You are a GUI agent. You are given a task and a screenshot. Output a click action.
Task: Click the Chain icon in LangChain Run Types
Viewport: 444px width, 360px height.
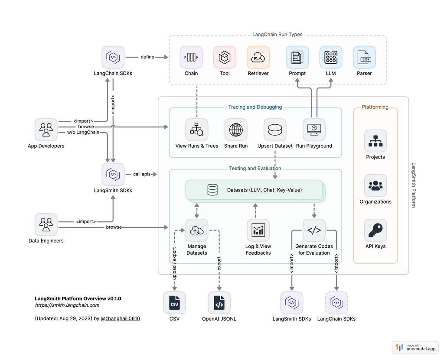191,57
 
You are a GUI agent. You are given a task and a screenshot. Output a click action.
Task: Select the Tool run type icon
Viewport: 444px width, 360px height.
225,57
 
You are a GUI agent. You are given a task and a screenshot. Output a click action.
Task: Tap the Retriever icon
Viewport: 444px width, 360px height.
258,57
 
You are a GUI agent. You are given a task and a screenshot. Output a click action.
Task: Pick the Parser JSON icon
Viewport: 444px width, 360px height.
364,57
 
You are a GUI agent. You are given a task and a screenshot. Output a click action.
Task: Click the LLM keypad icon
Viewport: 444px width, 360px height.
331,57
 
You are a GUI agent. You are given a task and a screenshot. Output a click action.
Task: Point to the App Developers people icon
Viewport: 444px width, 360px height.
46,130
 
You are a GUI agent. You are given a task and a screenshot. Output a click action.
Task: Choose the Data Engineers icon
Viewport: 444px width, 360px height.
46,224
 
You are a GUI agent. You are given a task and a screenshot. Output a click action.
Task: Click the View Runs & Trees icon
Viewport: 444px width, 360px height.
197,130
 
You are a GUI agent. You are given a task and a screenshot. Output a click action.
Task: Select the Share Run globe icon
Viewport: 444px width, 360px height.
236,130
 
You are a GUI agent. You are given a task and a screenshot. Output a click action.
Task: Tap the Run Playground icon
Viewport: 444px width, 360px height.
314,130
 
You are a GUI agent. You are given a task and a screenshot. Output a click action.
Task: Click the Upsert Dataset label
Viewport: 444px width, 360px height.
275,146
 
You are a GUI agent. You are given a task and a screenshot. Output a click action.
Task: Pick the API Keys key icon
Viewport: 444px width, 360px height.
375,230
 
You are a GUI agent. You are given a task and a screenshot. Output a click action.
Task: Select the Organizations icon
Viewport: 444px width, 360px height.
375,186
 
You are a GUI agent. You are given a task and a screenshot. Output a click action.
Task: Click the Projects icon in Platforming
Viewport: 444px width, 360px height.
375,141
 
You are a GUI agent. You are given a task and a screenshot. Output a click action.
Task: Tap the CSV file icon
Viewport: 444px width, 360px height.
174,303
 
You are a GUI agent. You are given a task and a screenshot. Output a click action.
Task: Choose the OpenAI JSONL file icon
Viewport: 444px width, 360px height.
219,303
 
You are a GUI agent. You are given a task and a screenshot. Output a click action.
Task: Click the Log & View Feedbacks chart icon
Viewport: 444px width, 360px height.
258,230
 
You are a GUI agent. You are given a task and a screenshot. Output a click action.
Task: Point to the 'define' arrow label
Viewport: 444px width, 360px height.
147,57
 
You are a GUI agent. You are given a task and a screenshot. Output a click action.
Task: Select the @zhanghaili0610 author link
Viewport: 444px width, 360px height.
120,319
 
